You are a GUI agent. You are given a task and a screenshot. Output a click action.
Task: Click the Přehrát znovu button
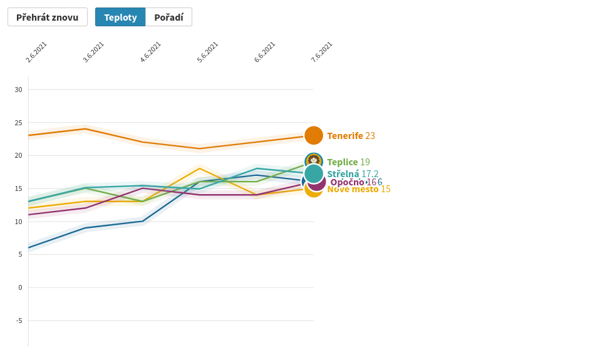48,18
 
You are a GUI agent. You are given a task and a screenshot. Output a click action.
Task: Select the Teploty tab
120,18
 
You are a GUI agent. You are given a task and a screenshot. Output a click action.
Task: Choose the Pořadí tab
168,18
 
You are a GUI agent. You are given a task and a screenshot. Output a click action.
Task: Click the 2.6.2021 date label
36,52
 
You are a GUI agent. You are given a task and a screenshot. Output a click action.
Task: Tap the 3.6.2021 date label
93,52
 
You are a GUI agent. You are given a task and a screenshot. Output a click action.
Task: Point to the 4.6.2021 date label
150,52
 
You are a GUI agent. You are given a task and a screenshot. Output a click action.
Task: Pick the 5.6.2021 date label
207,52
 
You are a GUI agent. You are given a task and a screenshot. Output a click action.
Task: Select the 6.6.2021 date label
264,52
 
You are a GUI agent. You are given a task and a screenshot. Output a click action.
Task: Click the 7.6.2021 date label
321,52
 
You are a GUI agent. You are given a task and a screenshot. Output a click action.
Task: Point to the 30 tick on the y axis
18,90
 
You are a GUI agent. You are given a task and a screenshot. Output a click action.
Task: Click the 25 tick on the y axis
18,123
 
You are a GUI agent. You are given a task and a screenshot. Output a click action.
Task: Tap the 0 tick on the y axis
20,288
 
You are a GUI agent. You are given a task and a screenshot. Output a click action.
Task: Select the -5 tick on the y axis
19,321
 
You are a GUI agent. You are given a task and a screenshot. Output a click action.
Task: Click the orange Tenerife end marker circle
314,135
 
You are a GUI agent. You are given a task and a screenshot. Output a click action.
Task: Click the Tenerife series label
345,136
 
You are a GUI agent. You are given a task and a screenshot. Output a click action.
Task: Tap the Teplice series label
343,162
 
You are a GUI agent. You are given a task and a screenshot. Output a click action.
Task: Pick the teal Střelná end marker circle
314,173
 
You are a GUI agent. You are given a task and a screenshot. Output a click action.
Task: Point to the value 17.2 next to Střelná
370,174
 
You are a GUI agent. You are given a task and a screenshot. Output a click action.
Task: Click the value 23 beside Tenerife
370,136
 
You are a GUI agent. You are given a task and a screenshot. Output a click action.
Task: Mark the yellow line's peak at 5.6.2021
200,168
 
